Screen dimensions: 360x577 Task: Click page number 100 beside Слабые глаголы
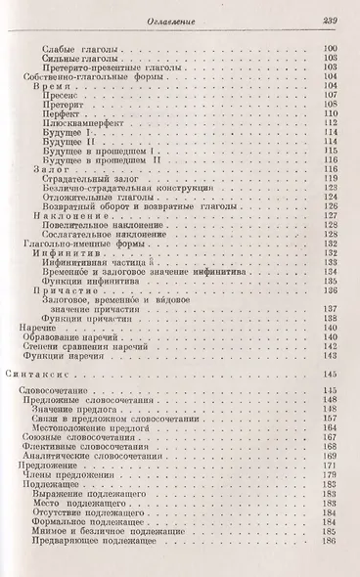click(x=331, y=48)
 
